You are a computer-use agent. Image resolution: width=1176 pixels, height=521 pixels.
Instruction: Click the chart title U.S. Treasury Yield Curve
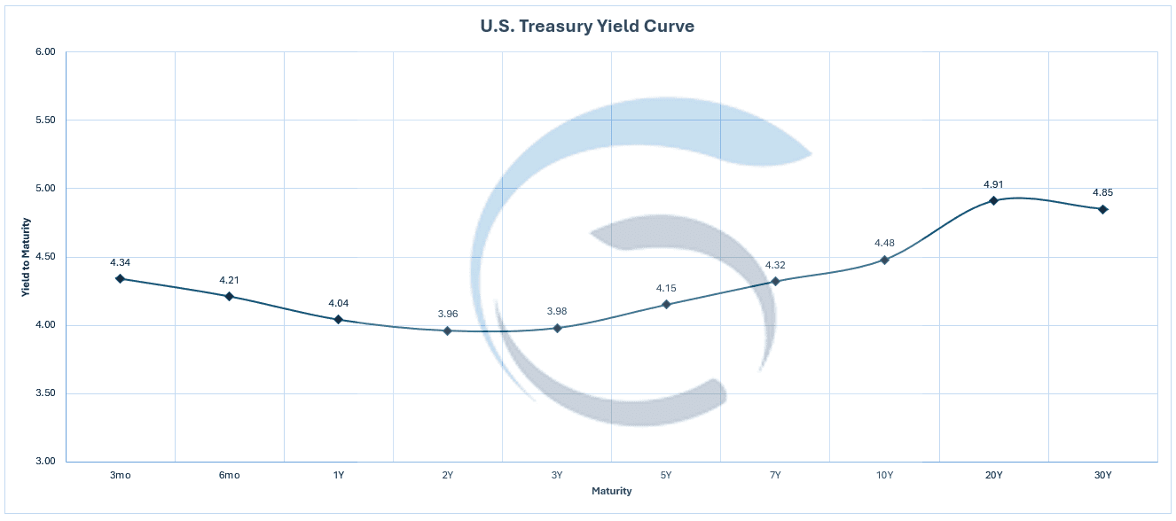[x=587, y=27]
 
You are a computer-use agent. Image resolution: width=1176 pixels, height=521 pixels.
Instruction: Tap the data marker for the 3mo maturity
[x=120, y=279]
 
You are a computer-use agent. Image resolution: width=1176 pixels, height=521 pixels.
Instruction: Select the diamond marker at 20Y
[x=993, y=201]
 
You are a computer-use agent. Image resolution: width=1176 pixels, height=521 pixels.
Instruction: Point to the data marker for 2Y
[x=448, y=330]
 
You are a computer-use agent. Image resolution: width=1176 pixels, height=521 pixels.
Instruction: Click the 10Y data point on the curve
[x=884, y=260]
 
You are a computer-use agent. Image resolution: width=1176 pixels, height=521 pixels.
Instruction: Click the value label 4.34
[x=120, y=262]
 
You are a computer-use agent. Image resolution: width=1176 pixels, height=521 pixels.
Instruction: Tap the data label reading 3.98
[x=557, y=312]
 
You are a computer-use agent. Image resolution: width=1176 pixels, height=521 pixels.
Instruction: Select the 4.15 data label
[x=666, y=288]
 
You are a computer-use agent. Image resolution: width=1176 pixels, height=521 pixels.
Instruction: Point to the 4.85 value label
[x=1102, y=192]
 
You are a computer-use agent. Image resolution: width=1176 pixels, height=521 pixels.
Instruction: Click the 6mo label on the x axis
[x=229, y=476]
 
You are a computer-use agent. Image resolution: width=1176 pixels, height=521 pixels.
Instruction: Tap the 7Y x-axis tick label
[x=775, y=476]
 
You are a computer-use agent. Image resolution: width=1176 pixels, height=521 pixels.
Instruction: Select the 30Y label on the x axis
[x=1102, y=476]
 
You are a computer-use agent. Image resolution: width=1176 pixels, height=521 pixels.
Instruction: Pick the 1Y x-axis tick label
[x=338, y=476]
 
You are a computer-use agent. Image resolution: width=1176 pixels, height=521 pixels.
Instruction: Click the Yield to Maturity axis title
[x=27, y=257]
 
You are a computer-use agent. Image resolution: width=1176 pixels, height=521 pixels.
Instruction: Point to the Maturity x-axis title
[x=612, y=491]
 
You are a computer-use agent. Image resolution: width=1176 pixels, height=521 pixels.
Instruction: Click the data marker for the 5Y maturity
[x=666, y=305]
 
